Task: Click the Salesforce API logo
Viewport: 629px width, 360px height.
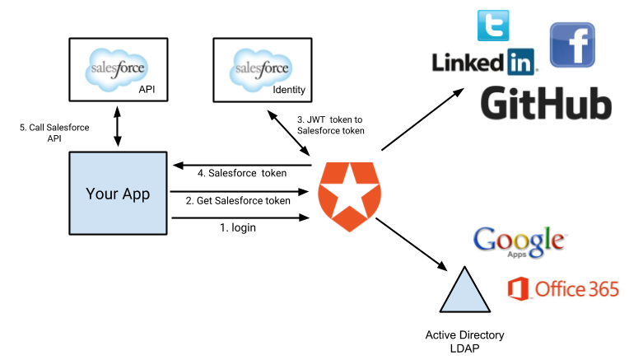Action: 118,69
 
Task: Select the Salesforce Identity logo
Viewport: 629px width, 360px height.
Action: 262,69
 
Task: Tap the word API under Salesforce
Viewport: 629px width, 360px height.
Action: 147,88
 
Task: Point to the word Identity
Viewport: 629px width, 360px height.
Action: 289,88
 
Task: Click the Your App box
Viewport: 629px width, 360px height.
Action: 118,194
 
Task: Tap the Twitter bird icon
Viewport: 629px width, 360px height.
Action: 493,26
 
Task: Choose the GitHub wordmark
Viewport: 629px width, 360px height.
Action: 545,104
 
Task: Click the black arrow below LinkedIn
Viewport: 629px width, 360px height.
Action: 440,104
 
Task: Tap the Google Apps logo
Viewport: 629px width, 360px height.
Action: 520,241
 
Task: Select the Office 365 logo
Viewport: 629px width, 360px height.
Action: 563,289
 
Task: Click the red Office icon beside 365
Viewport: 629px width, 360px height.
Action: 519,289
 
